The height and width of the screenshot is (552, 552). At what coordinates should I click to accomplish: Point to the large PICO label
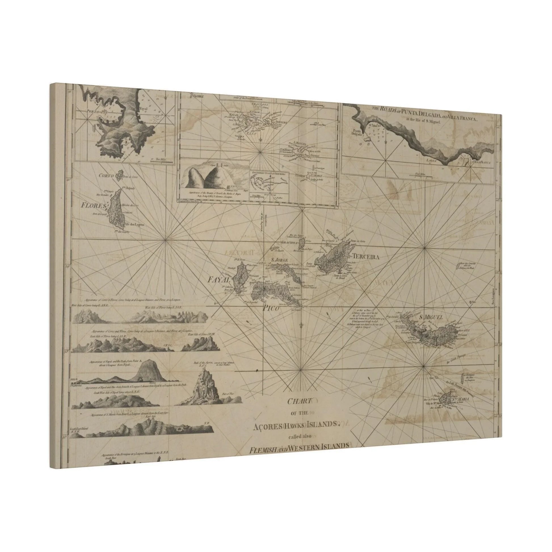click(x=271, y=308)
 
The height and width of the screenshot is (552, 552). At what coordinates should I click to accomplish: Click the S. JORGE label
click(x=279, y=260)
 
